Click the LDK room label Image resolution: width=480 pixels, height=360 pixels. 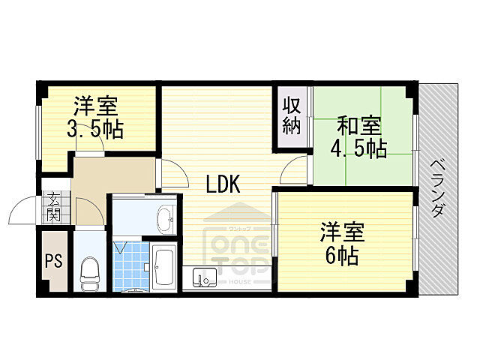[223, 183]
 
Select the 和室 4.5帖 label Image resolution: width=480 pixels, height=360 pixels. [358, 136]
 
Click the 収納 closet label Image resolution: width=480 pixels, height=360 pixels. [291, 115]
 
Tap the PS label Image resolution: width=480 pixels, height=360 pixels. [53, 262]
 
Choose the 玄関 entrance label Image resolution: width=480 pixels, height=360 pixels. [54, 206]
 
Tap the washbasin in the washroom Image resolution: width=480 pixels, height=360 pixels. [164, 218]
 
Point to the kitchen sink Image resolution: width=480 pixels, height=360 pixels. [203, 277]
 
